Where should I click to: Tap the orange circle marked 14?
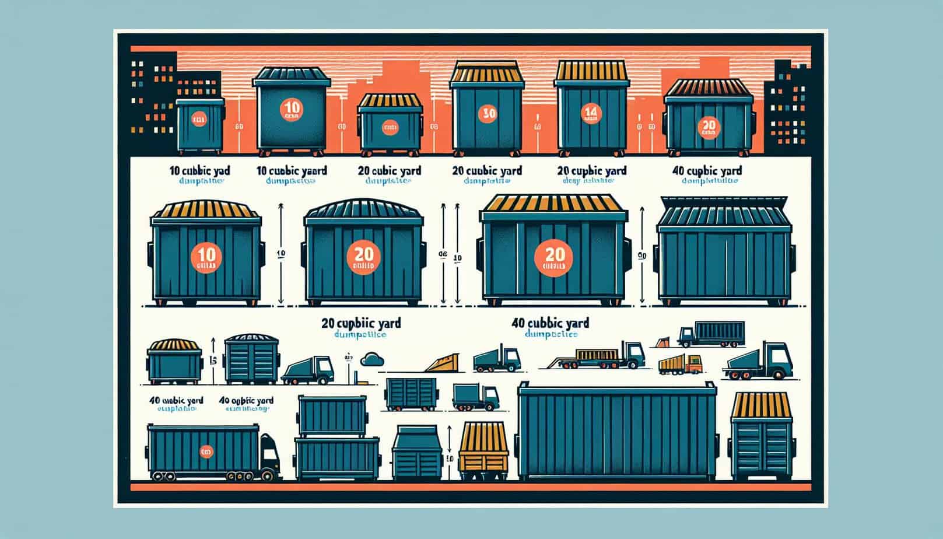tap(591, 114)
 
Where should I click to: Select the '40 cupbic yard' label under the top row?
tap(706, 171)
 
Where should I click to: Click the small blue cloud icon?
tap(371, 359)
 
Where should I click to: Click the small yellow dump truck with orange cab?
tap(680, 365)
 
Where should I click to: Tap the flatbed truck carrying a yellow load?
tap(607, 355)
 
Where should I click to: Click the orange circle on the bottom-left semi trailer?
tap(206, 451)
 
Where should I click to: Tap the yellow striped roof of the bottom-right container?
tap(762, 406)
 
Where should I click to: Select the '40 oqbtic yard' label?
tap(246, 401)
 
